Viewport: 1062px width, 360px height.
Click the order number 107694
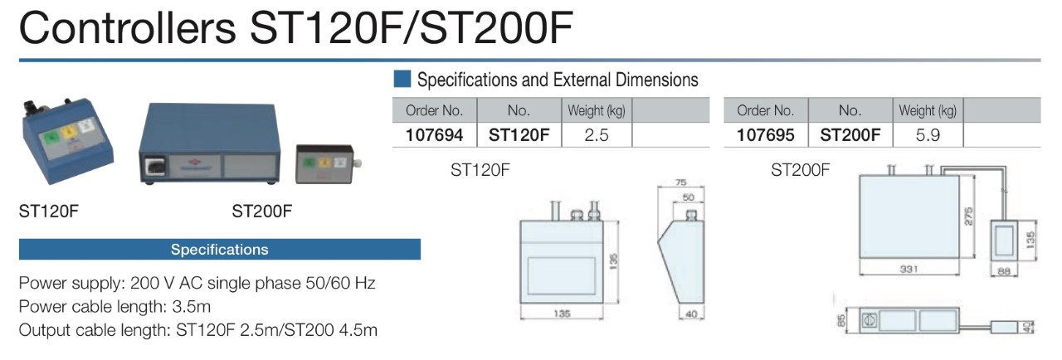click(x=434, y=135)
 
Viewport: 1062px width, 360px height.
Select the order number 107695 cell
click(x=765, y=135)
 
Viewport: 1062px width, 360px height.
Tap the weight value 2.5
click(x=596, y=135)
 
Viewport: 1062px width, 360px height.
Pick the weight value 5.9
click(x=928, y=135)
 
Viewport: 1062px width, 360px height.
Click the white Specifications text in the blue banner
click(x=220, y=249)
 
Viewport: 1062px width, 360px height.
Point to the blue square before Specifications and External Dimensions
click(x=402, y=79)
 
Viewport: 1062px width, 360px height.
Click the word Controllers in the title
click(x=127, y=28)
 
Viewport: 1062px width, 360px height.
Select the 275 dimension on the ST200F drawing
click(x=968, y=216)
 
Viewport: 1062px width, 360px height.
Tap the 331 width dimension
click(x=909, y=269)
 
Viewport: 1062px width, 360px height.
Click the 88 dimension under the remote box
click(x=1004, y=271)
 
